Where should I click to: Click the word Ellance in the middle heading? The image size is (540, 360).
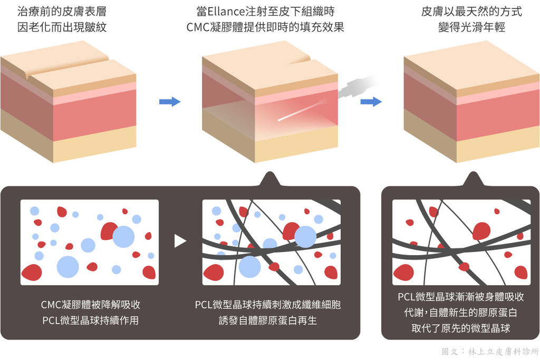226,12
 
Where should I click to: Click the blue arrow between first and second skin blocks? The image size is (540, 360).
170,102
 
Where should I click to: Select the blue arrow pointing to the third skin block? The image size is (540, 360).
371,102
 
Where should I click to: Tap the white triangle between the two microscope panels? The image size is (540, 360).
180,241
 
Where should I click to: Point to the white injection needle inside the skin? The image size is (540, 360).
300,111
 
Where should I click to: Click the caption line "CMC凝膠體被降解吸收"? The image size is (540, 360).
91,305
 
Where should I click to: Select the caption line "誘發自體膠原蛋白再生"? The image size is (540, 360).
267,320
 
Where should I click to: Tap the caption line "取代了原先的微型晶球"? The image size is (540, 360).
460,328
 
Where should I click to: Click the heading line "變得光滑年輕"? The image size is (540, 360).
471,27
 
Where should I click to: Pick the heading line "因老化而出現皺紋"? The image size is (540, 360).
62,27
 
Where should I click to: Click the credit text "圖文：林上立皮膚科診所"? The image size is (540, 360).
490,352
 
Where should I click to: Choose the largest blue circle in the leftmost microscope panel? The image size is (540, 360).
68,267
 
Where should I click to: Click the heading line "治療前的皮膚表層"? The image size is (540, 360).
62,12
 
